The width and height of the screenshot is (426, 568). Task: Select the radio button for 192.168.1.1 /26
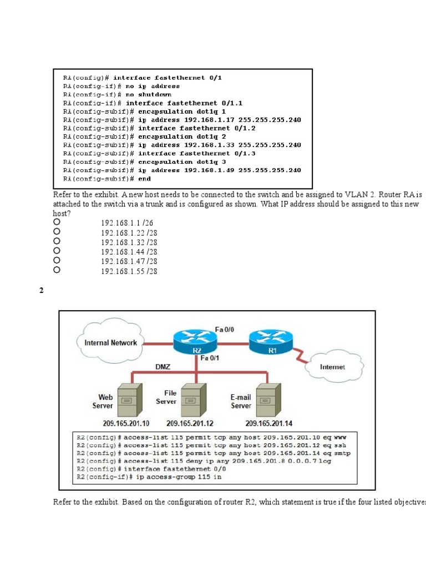tap(56, 222)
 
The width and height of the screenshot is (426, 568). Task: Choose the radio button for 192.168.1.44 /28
tap(56, 251)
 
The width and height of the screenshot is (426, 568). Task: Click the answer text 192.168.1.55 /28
tap(129, 271)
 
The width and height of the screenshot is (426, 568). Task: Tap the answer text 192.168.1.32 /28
tap(129, 242)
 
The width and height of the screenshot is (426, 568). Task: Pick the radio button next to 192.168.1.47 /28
tap(56, 260)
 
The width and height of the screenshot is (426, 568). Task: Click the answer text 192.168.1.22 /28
tap(129, 233)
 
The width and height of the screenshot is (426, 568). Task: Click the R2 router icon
tap(196, 342)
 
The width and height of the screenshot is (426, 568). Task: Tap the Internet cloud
tap(332, 367)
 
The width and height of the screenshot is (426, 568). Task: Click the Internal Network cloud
tap(110, 343)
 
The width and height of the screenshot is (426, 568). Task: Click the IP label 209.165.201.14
tap(268, 424)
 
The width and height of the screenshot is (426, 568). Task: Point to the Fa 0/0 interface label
tap(224, 329)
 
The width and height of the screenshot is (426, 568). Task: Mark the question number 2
tap(42, 291)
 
